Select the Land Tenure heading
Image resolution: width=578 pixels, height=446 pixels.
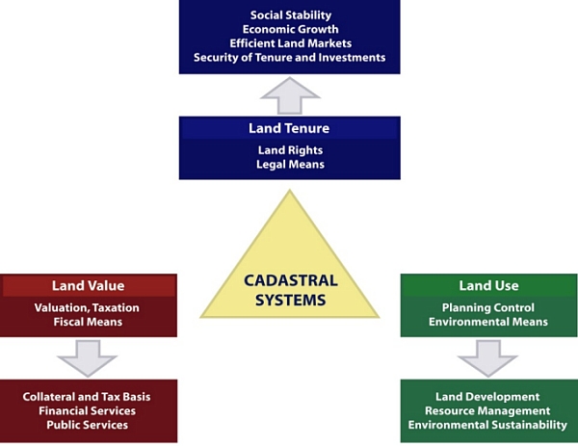(x=289, y=128)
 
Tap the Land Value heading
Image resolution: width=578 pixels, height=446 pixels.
(x=88, y=286)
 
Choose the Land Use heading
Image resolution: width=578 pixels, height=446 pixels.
(x=488, y=286)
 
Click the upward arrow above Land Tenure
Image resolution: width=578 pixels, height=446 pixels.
(x=289, y=94)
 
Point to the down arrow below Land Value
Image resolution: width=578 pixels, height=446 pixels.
(x=87, y=358)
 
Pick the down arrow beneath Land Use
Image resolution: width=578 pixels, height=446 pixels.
(x=488, y=358)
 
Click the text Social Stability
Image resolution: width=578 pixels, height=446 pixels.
(x=290, y=15)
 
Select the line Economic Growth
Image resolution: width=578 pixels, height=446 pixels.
(x=290, y=29)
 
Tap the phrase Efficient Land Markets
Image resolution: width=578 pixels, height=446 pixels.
(x=290, y=43)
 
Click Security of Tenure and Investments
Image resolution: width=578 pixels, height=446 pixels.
(x=290, y=58)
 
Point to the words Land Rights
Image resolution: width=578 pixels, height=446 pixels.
(x=289, y=150)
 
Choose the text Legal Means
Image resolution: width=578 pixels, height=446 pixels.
(x=289, y=165)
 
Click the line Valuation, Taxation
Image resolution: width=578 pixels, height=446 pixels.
(x=88, y=307)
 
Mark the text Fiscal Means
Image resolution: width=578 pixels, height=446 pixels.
(x=88, y=322)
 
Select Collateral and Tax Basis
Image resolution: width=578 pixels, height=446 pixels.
(x=88, y=397)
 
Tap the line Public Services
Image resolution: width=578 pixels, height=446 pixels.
(x=88, y=425)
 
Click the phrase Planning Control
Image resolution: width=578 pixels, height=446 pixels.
(x=488, y=307)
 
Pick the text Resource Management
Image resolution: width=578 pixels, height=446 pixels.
(x=488, y=410)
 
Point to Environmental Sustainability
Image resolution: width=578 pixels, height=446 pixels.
(x=488, y=425)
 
